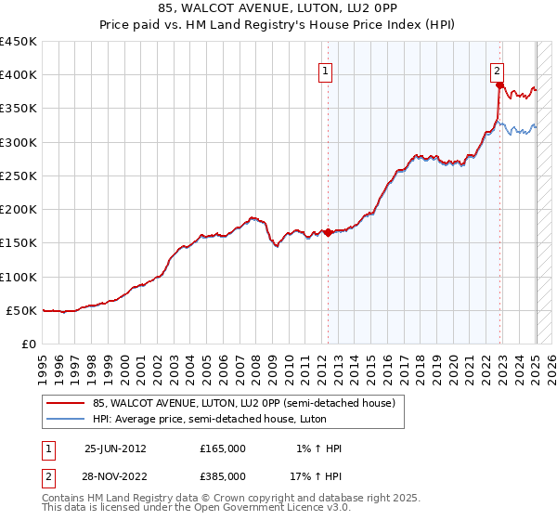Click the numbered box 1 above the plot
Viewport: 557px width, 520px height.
coord(327,69)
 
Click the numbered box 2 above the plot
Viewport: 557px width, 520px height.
coord(498,69)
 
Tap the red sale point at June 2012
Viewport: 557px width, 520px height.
coord(328,233)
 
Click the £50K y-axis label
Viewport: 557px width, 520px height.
coord(21,310)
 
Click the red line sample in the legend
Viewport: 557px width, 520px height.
coord(65,403)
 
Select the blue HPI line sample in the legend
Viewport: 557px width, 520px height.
coord(65,419)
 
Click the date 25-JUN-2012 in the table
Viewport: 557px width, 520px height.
coord(115,448)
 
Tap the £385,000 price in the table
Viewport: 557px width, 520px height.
coord(223,475)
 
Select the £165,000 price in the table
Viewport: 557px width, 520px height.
coord(223,448)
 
